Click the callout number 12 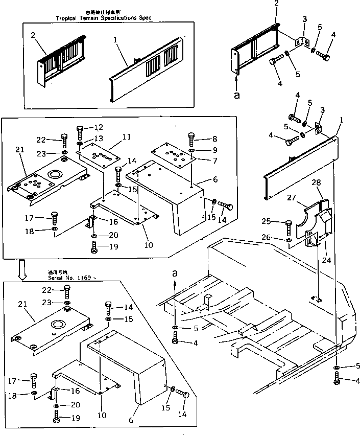coord(98,127)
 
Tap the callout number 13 coord(98,138)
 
